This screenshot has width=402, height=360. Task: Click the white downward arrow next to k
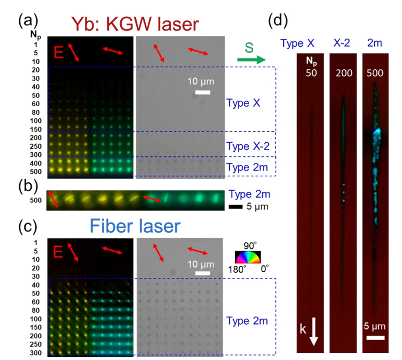tap(313, 335)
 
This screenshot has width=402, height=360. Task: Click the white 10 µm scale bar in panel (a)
tap(203, 92)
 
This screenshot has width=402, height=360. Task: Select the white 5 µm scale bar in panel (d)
tap(376, 338)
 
